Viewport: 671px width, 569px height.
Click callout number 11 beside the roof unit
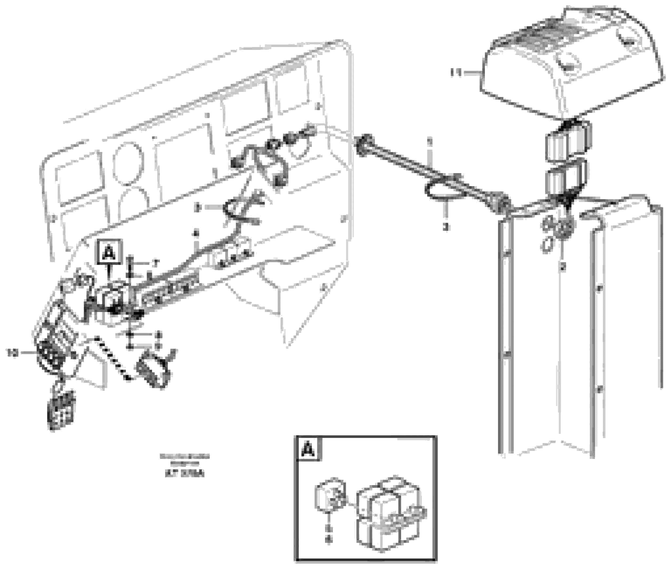[456, 73]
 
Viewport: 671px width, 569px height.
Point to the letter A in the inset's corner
[308, 449]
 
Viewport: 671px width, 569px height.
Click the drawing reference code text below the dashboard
[185, 474]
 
